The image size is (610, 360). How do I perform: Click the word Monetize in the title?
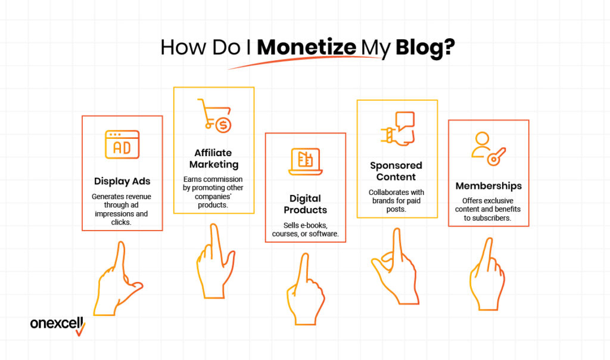click(x=307, y=48)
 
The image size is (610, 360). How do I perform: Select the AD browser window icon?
click(x=122, y=145)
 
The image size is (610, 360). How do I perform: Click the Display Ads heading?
click(x=122, y=181)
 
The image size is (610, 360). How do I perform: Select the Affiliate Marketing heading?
click(x=214, y=159)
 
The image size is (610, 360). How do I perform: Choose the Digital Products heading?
click(x=306, y=204)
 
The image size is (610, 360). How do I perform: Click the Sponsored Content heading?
click(x=396, y=171)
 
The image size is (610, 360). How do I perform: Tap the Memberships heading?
click(x=488, y=185)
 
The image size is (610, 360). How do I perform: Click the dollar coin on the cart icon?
click(x=224, y=125)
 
